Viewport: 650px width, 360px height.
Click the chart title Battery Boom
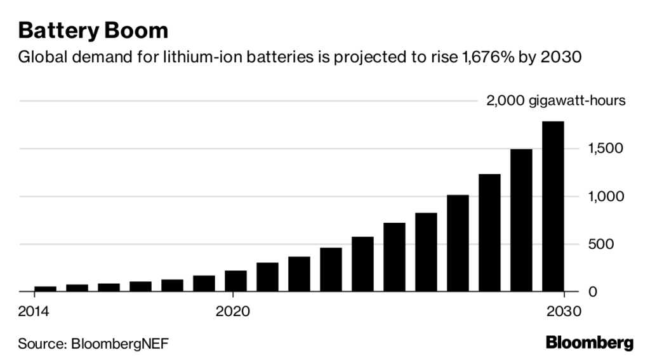[93, 30]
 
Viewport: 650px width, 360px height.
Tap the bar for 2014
[46, 289]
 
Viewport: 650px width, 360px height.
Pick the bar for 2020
[235, 281]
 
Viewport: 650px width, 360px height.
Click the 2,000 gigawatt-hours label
[556, 101]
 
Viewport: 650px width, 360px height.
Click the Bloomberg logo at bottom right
[590, 343]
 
